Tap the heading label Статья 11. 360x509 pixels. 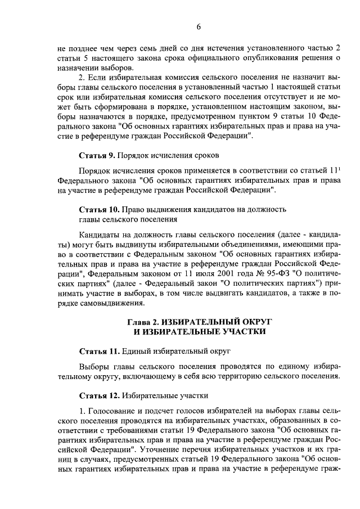[98, 352]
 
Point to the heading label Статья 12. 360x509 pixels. [98, 395]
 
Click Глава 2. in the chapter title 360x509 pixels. [143, 321]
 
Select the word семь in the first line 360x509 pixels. [142, 48]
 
